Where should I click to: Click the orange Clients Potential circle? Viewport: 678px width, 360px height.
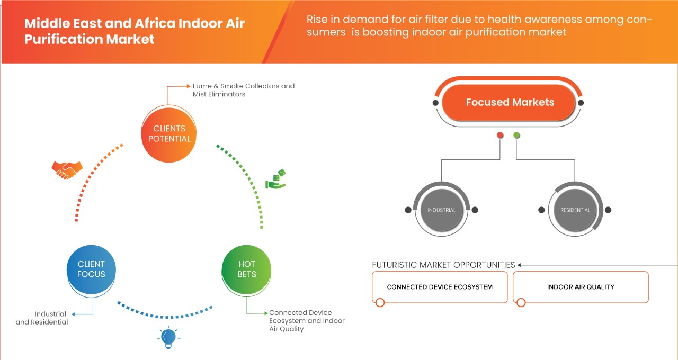click(x=169, y=133)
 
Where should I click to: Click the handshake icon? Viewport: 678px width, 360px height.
click(x=67, y=169)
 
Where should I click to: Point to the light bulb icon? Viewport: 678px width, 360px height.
click(x=168, y=337)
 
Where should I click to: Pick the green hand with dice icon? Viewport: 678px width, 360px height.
click(x=275, y=180)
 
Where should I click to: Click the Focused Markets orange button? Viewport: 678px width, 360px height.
click(x=510, y=102)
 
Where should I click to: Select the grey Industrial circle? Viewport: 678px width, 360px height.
click(x=441, y=210)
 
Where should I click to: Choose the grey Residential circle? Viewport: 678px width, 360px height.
click(x=575, y=210)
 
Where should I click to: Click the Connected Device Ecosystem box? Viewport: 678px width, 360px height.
click(x=440, y=287)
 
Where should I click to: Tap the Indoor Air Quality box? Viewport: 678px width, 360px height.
click(x=581, y=287)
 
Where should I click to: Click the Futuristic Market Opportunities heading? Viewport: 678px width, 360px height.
click(x=443, y=265)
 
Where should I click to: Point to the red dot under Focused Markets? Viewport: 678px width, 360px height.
click(x=500, y=136)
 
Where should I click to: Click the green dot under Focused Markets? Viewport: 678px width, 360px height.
click(x=516, y=136)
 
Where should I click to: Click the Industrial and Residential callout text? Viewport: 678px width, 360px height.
click(x=42, y=318)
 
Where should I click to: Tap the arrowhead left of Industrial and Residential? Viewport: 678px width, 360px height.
click(x=73, y=314)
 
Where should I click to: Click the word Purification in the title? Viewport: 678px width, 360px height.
click(x=57, y=39)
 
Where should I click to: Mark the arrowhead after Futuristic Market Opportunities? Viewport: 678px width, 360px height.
click(x=520, y=265)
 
